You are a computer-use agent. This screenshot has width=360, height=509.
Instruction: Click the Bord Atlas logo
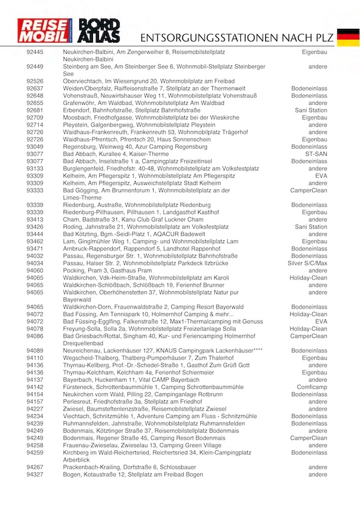(100, 31)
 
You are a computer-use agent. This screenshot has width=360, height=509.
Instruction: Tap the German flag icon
(348, 36)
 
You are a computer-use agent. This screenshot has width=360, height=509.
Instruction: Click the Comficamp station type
(312, 387)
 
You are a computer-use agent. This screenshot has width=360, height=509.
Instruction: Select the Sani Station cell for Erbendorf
(311, 110)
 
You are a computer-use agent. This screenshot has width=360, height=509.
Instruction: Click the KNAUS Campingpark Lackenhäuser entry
(163, 351)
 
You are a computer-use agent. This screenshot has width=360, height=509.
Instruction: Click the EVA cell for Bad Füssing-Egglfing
(321, 321)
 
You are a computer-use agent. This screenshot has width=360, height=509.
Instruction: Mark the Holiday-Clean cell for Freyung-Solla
(308, 328)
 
